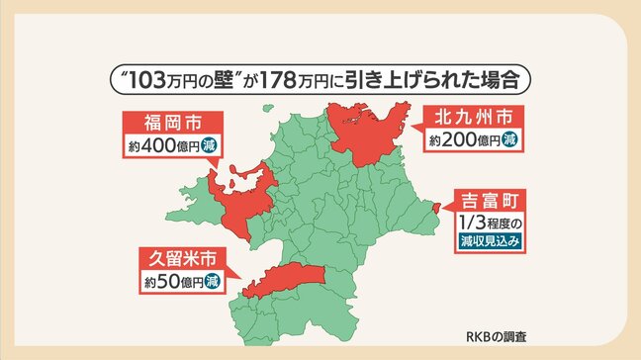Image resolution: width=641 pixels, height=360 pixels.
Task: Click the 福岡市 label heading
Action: [170, 126]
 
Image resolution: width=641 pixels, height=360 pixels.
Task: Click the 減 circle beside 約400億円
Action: [209, 146]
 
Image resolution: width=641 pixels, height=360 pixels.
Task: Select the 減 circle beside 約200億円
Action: [509, 140]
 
